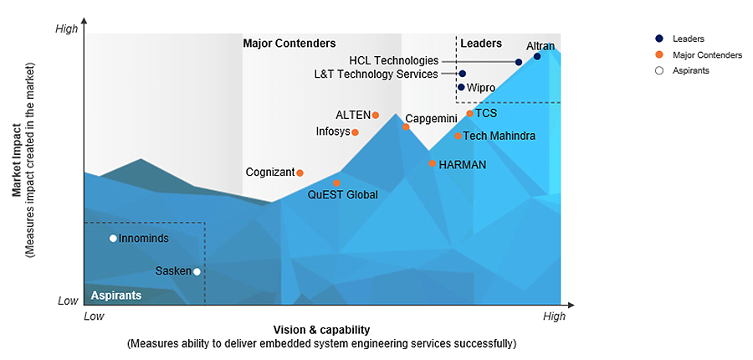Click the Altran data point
coord(537,56)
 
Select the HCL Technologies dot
coord(519,62)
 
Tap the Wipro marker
coord(461,86)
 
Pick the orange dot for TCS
coord(470,113)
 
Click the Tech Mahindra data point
coord(458,136)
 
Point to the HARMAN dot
coord(433,163)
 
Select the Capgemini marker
coord(406,126)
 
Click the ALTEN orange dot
coord(376,115)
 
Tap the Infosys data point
coord(355,132)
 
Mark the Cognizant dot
coord(300,173)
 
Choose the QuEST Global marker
coord(336,183)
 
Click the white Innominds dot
coord(113,239)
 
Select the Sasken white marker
coord(197,271)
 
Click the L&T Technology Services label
coord(376,74)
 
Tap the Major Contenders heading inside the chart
coord(289,44)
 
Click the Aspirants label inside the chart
coord(115,296)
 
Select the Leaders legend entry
coord(688,39)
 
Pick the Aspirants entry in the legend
coord(690,70)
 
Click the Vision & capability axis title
coord(321,330)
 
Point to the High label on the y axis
coord(66,29)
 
